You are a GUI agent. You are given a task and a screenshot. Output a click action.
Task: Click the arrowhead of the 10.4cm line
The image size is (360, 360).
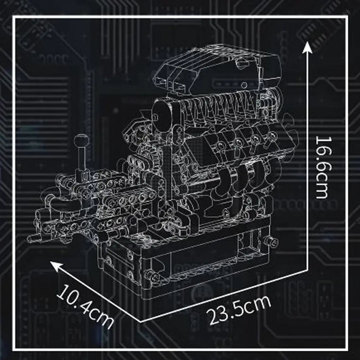56,266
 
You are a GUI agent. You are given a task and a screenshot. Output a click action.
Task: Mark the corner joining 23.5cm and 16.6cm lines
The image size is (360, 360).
307,270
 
